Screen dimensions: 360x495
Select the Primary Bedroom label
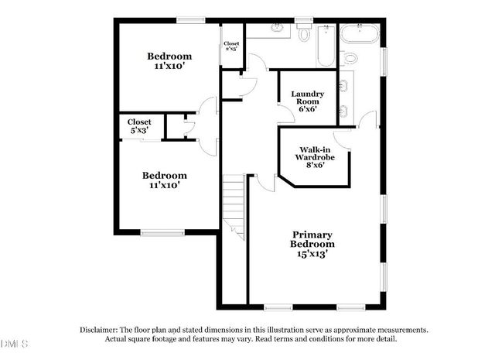coord(312,239)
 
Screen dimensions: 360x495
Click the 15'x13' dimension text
coord(312,253)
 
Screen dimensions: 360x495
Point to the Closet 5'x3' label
coord(139,126)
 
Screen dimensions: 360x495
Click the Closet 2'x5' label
coord(230,46)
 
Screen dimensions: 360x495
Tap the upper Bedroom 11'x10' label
coord(169,61)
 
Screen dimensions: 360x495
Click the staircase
coord(234,205)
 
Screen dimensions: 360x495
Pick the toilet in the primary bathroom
coord(350,59)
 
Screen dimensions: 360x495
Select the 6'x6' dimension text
coord(307,108)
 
